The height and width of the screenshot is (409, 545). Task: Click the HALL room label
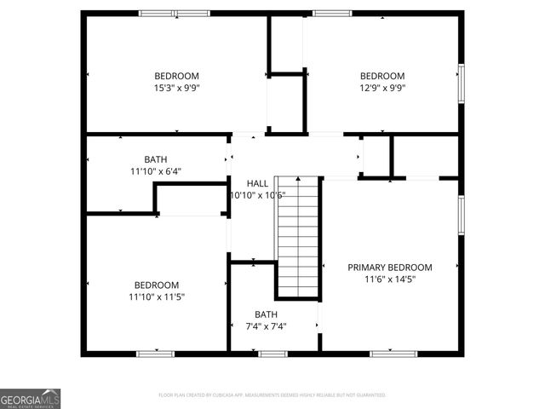click(x=257, y=183)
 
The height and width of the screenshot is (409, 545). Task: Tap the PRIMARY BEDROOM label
click(x=389, y=267)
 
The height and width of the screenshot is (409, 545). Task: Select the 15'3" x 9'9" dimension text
click(x=176, y=87)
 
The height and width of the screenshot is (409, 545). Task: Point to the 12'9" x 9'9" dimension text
click(x=381, y=87)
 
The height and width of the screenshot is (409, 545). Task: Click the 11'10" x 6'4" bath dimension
click(x=156, y=170)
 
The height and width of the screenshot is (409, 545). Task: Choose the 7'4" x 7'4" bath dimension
click(x=265, y=325)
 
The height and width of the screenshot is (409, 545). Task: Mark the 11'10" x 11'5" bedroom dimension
click(x=157, y=297)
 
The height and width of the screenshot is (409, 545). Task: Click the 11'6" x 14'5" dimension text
click(x=390, y=279)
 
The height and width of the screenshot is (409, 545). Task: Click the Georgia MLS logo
click(x=31, y=398)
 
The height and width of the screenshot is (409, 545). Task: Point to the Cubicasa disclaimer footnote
click(x=272, y=395)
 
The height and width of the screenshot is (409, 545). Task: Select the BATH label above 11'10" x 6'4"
click(x=156, y=159)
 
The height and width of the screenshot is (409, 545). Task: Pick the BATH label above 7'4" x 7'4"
click(x=265, y=314)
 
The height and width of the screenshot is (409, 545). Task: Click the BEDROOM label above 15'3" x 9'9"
click(x=176, y=76)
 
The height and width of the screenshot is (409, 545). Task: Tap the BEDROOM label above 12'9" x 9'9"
click(x=381, y=76)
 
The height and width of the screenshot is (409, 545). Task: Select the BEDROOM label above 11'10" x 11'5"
click(x=157, y=285)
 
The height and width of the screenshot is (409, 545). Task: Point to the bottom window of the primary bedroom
click(x=393, y=352)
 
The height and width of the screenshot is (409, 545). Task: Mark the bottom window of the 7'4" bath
click(x=273, y=352)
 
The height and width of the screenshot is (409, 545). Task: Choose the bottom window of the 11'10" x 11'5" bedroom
click(x=156, y=352)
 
